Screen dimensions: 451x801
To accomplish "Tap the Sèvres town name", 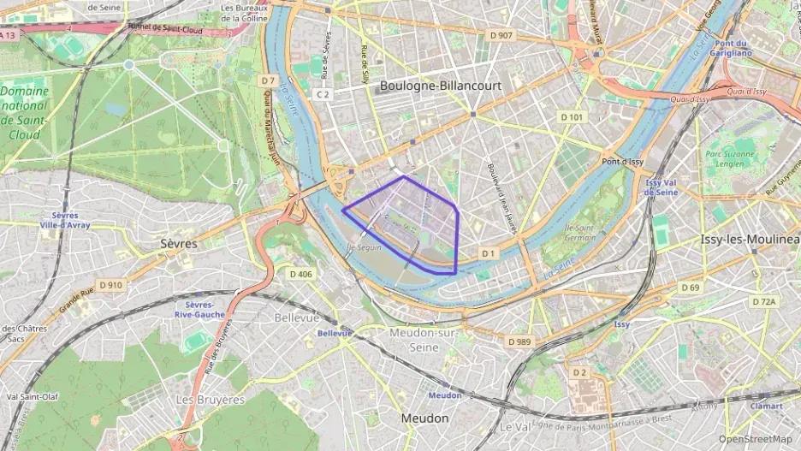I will pos(179,244).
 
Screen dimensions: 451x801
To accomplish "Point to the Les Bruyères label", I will pos(210,400).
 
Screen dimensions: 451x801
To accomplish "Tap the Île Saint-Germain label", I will pos(579,232).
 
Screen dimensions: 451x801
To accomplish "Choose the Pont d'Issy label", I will pos(622,162).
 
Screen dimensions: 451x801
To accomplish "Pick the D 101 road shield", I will pos(572,116).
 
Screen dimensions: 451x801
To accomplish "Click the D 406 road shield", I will pos(301,274).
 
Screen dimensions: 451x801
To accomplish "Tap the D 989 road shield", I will pos(519,341).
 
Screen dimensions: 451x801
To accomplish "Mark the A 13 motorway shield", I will pos(9,35).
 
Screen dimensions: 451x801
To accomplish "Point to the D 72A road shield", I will pos(763,301).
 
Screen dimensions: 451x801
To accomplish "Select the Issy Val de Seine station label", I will pos(662,187).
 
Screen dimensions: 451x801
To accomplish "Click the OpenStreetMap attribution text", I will pos(756,439).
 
